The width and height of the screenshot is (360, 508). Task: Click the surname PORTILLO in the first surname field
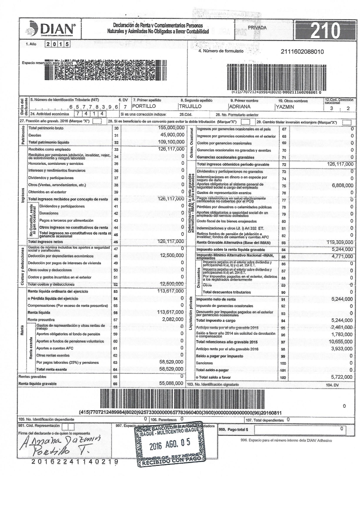point(144,106)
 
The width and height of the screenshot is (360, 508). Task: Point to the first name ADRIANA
point(239,106)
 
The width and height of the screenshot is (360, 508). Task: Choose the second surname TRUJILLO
point(190,106)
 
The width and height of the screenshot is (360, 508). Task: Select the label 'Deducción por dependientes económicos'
point(61,256)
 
